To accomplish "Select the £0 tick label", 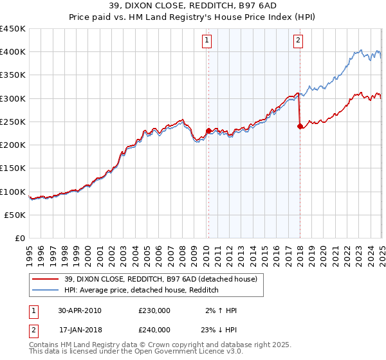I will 20,238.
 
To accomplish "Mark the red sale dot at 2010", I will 208,130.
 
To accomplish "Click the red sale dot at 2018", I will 300,126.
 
